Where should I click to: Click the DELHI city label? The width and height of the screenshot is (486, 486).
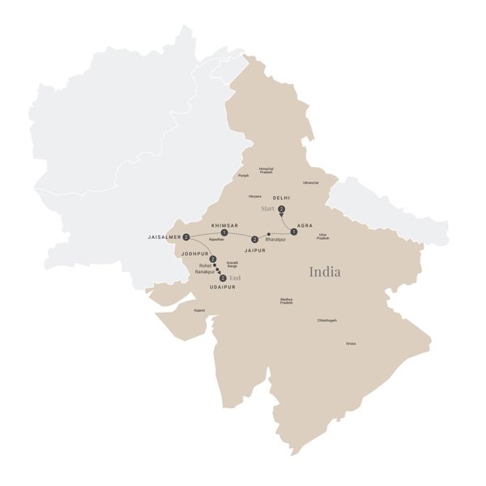click(x=281, y=198)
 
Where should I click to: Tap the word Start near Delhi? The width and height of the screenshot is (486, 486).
click(x=269, y=209)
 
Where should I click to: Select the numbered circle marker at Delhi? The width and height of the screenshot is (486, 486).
click(x=281, y=210)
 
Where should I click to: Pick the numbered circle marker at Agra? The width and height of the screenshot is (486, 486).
click(x=294, y=232)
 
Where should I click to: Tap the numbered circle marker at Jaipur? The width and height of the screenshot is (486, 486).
click(x=254, y=239)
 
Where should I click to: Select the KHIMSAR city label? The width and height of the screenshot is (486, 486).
click(x=224, y=224)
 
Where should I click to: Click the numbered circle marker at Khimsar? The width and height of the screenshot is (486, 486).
click(x=224, y=233)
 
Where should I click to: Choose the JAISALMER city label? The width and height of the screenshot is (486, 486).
click(x=164, y=237)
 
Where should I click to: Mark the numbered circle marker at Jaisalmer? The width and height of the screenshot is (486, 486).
click(x=187, y=237)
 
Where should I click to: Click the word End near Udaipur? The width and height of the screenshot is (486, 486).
click(x=235, y=278)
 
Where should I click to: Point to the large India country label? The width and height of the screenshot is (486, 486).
click(x=324, y=271)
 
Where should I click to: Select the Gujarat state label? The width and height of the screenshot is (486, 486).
click(x=199, y=310)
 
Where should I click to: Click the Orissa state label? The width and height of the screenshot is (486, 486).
click(x=350, y=343)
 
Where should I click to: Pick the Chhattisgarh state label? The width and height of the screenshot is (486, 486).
click(x=326, y=321)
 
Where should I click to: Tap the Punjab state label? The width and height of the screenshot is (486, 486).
click(x=243, y=175)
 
